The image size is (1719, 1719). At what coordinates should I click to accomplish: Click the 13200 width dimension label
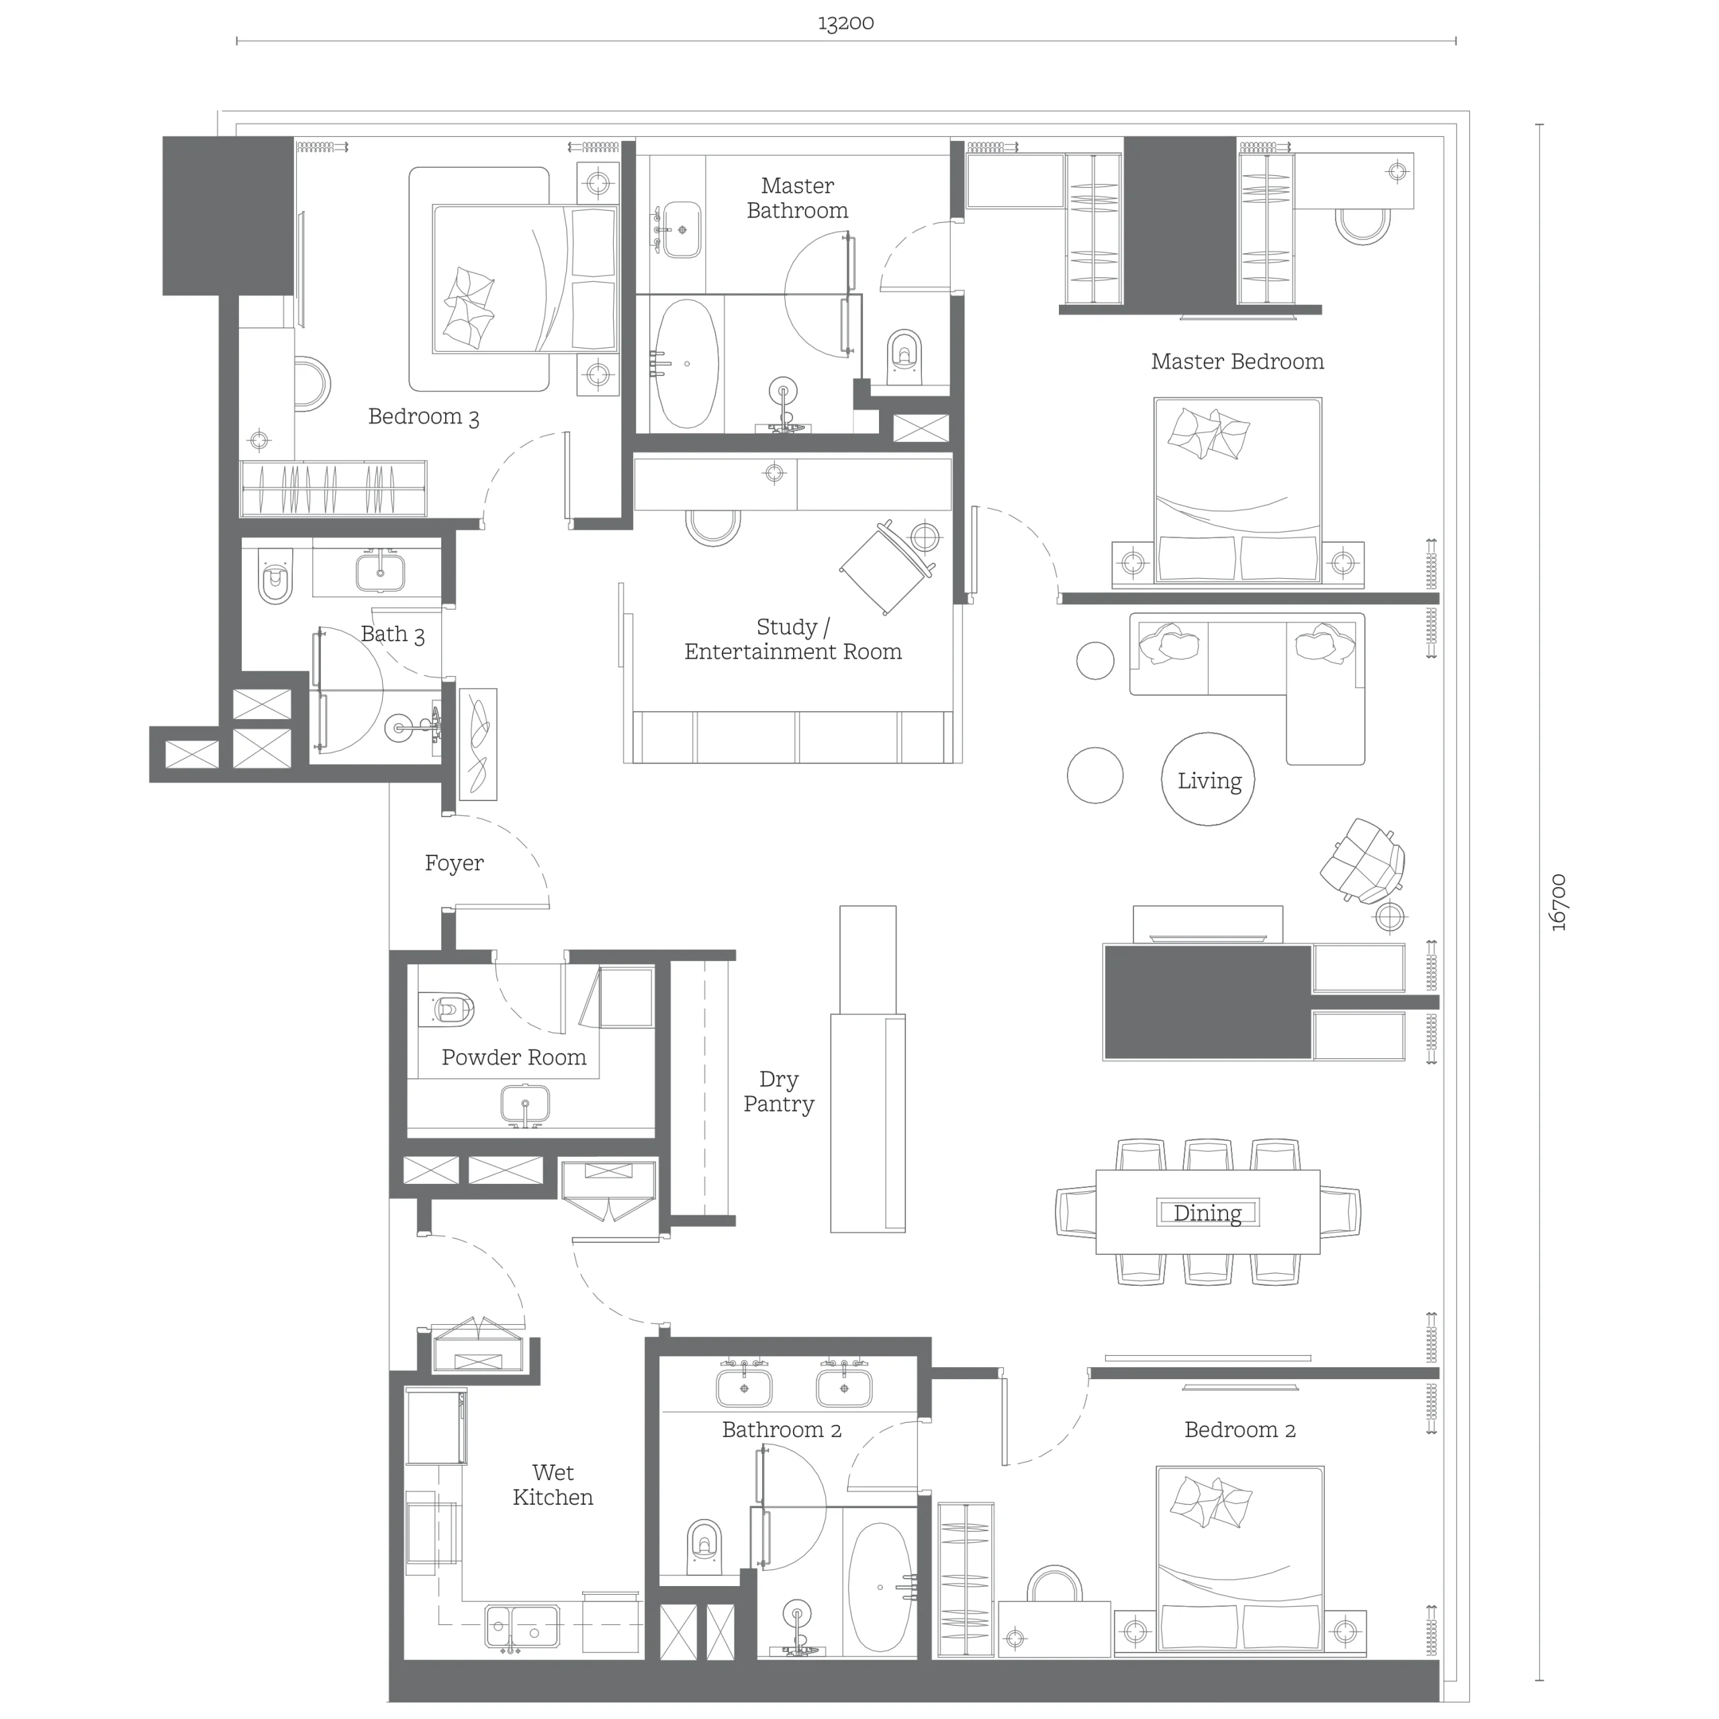[x=845, y=23]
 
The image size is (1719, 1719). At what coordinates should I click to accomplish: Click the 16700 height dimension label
[x=1558, y=903]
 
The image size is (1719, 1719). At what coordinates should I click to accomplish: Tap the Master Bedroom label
[x=1237, y=361]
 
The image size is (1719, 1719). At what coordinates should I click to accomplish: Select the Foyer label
[x=454, y=863]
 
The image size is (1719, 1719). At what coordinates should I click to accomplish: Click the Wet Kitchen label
[x=553, y=1485]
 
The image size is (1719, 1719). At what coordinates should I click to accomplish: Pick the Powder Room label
[x=514, y=1057]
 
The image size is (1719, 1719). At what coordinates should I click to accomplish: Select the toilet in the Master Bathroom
[x=906, y=358]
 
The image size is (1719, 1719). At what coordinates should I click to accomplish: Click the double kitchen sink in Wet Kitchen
[x=522, y=1626]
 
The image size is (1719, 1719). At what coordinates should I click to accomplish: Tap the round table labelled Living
[x=1208, y=780]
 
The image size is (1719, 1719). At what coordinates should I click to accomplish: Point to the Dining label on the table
[x=1207, y=1213]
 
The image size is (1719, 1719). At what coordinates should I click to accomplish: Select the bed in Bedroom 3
[x=525, y=279]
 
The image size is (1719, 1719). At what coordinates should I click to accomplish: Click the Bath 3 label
[x=392, y=635]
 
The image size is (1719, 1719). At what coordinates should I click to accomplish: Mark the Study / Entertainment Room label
[x=793, y=639]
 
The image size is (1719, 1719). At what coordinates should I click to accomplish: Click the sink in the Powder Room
[x=525, y=1104]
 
